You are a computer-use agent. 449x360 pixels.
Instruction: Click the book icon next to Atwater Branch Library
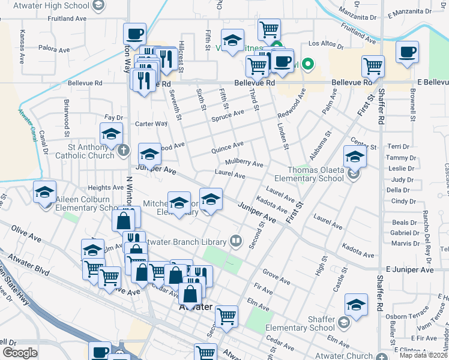[x=237, y=242]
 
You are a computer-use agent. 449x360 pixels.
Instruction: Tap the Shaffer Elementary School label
[x=299, y=323]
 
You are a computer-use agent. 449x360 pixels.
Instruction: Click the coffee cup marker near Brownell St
[x=408, y=53]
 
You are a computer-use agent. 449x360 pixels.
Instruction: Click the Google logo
[x=20, y=353]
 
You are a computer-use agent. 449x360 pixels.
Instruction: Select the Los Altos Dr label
[x=325, y=44]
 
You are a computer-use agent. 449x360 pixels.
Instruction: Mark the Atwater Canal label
[x=25, y=113]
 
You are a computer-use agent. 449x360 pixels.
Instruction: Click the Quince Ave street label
[x=227, y=146]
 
